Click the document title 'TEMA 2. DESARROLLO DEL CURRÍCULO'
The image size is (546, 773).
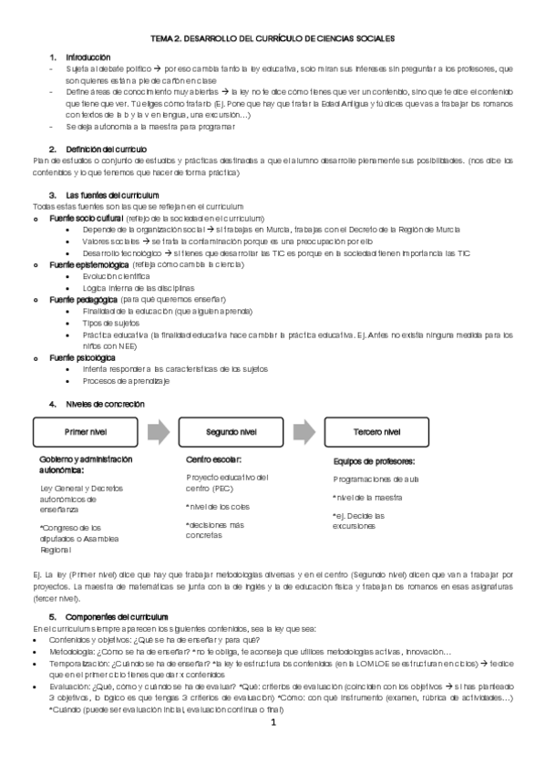pos(273,39)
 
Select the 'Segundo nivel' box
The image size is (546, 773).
pos(233,431)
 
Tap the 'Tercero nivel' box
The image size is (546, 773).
pos(376,431)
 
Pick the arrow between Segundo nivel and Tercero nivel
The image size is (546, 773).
pos(305,431)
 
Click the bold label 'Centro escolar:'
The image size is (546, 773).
pos(213,460)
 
